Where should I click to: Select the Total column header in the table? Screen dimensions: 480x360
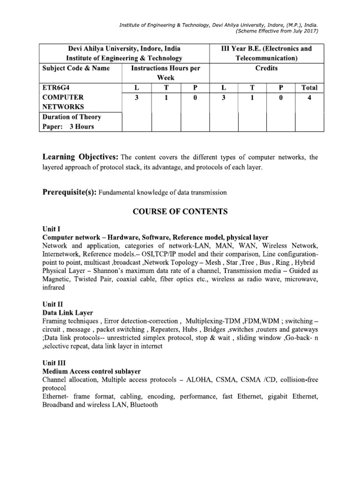tap(309, 87)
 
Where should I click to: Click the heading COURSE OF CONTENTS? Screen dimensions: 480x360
tap(180, 212)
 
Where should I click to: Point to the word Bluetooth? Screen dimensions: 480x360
tap(144, 405)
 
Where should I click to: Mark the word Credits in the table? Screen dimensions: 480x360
tap(267, 68)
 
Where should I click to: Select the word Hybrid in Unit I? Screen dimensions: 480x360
tap(303, 262)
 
